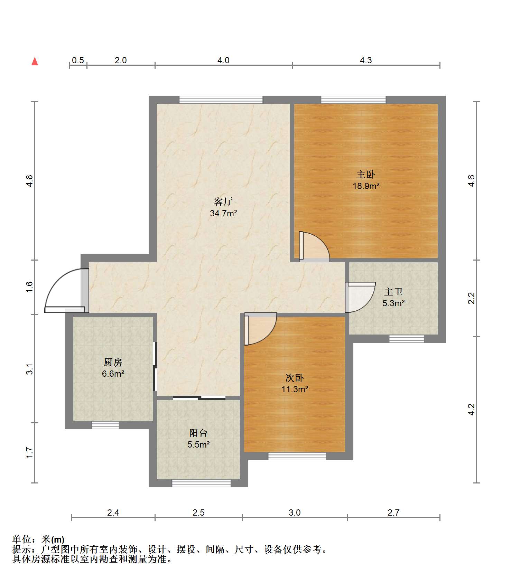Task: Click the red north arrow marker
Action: coord(35,61)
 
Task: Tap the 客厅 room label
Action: coord(223,201)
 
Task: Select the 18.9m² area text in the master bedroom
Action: coord(366,186)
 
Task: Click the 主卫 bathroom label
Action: coord(393,292)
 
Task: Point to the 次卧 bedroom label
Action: coord(295,378)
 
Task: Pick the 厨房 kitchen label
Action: coord(113,362)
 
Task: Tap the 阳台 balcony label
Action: coord(198,433)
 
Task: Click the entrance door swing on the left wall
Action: coord(64,290)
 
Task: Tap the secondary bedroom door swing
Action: coord(260,328)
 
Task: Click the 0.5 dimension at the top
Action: coord(78,60)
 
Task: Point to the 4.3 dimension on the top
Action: coord(366,60)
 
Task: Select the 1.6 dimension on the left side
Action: coord(30,287)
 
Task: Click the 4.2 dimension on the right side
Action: coord(471,410)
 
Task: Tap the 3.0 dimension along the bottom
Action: coord(295,513)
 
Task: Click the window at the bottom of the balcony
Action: coord(201,483)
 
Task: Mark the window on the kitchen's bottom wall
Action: coord(105,425)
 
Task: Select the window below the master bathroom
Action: coord(406,339)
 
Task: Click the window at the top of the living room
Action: coord(221,100)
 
